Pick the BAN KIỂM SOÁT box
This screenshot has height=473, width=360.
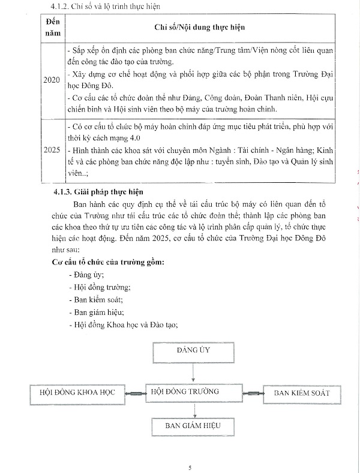point(302,393)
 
